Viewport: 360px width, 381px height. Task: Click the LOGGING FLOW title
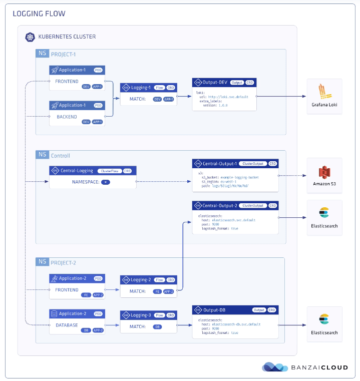pyautogui.click(x=39, y=14)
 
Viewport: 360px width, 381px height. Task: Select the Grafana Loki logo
pyautogui.click(x=324, y=92)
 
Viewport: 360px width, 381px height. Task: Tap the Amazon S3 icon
pyautogui.click(x=324, y=173)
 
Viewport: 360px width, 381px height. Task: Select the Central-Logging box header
pyautogui.click(x=92, y=171)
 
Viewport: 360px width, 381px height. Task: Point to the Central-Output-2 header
pyautogui.click(x=235, y=205)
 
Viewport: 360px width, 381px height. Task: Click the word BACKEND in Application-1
pyautogui.click(x=67, y=117)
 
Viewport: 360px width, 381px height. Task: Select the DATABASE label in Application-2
pyautogui.click(x=67, y=325)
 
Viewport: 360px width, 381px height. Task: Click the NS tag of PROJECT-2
pyautogui.click(x=42, y=261)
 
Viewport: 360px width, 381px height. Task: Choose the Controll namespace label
pyautogui.click(x=61, y=156)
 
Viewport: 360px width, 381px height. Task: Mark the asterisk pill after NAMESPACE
pyautogui.click(x=105, y=183)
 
